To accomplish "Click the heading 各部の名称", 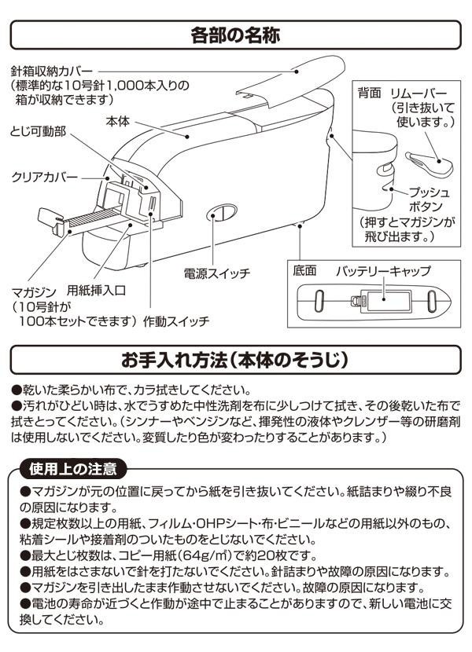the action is tap(235, 35).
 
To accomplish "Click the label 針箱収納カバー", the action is tap(52, 71).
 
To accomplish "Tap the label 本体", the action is tap(118, 122).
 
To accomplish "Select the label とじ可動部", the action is tap(38, 132).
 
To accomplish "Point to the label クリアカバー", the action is tap(44, 177).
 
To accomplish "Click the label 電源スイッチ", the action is tap(216, 273).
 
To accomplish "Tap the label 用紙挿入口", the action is tap(96, 290).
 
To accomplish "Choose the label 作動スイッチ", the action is tap(176, 321).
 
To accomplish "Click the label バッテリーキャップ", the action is tap(383, 271).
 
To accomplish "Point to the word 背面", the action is tap(369, 93).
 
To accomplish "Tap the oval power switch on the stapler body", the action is tap(222, 212).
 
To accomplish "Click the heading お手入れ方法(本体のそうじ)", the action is tap(235, 360).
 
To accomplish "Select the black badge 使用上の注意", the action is tap(73, 469).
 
